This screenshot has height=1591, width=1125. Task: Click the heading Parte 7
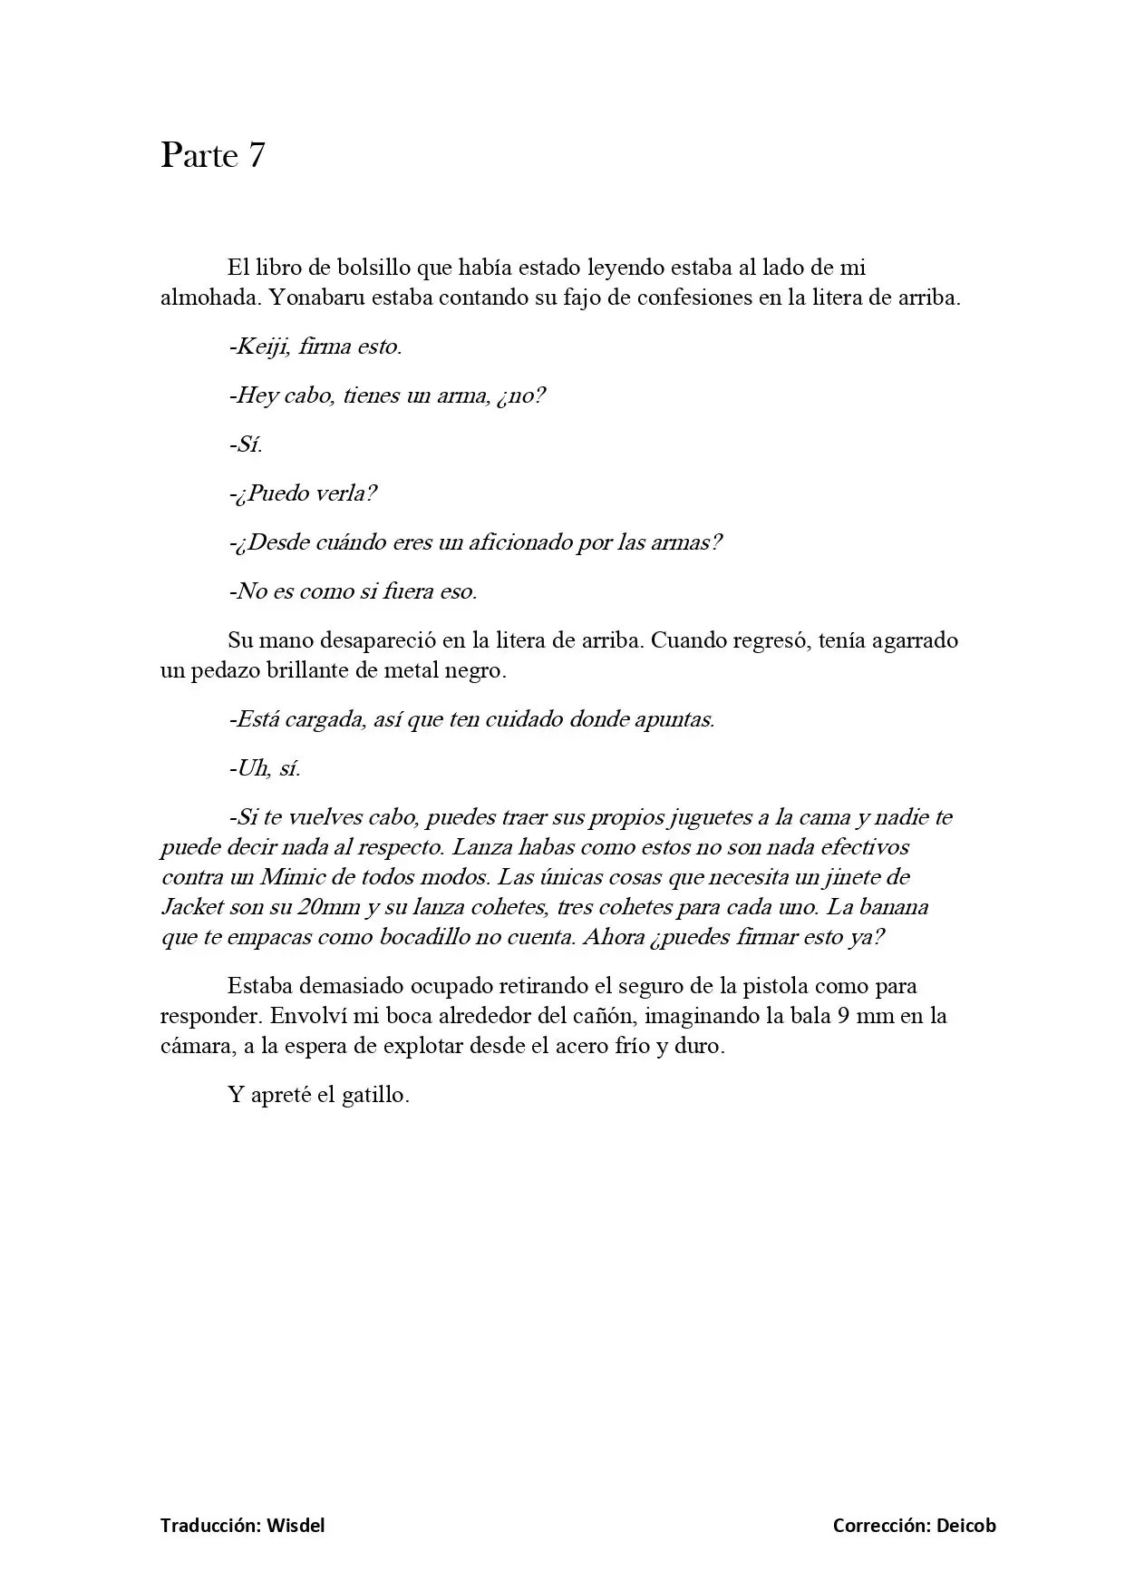click(x=213, y=155)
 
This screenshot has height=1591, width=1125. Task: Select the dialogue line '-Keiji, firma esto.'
click(x=315, y=347)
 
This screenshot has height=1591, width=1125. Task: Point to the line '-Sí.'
click(x=246, y=444)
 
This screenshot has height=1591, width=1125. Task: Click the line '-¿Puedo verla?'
click(x=303, y=493)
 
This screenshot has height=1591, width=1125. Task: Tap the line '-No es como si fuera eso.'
click(x=353, y=591)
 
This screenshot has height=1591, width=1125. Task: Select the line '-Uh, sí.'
click(x=265, y=768)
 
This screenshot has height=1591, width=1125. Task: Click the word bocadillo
click(x=430, y=937)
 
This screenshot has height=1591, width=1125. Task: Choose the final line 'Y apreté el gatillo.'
click(x=319, y=1095)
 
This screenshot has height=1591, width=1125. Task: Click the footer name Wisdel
click(x=296, y=1525)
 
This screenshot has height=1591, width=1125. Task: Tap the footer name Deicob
click(x=966, y=1525)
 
